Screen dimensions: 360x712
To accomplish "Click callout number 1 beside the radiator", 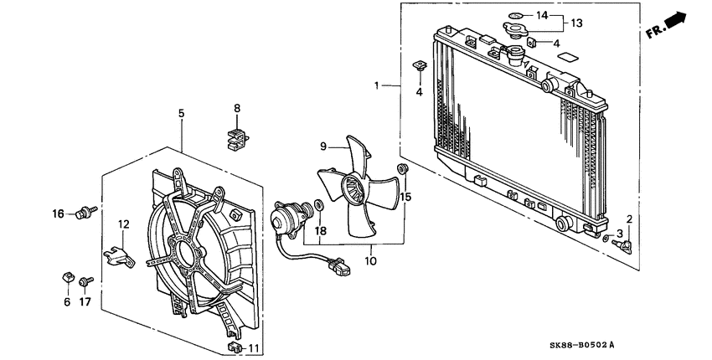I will pos(378,85).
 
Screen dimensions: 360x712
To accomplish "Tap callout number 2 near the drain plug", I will pos(629,219).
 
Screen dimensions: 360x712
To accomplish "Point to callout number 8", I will pos(237,108).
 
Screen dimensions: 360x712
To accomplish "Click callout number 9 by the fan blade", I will pos(322,147).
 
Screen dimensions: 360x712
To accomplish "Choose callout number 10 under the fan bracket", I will pos(371,260).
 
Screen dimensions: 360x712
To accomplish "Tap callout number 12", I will pos(124,224).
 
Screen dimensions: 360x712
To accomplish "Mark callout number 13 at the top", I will pos(577,23).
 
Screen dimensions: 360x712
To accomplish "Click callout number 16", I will pos(59,213).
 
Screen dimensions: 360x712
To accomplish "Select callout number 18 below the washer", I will pos(320,230).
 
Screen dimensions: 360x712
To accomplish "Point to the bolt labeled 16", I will pos(84,212).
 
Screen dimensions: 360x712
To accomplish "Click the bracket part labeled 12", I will pos(119,254).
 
